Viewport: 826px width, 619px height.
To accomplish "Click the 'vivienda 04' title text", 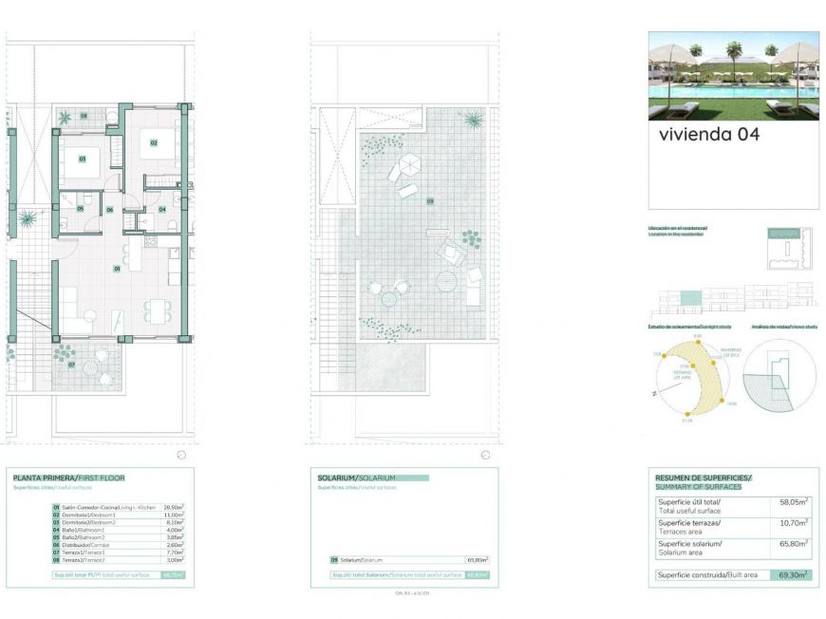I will click(708, 135).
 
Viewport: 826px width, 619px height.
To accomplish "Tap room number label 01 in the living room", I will click(117, 269).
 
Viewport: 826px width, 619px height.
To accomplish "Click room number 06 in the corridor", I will click(109, 209).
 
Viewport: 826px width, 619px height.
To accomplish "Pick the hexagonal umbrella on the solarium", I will click(406, 167).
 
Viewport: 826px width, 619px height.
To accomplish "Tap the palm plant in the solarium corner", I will click(472, 121).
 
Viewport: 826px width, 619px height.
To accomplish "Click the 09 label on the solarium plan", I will click(429, 201).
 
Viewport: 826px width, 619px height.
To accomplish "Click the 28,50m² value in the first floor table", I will click(174, 508).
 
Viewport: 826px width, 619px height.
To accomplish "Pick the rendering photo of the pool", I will click(733, 76).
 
